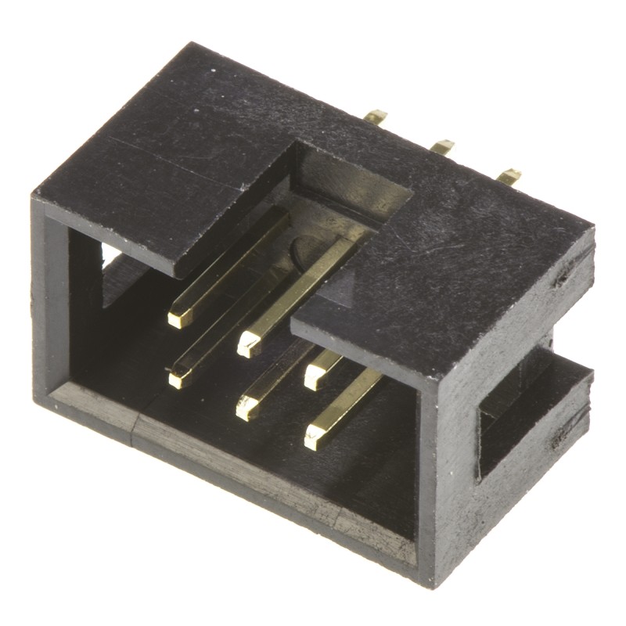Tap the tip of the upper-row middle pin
249,344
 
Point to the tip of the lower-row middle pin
247,408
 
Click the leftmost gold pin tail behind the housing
376,117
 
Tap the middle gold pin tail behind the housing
442,146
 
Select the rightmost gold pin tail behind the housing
509,176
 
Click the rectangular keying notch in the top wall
352,184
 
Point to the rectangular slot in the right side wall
516,407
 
